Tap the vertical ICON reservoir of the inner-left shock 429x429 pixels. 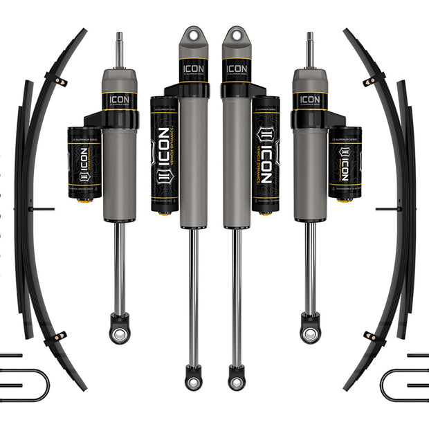point(164,154)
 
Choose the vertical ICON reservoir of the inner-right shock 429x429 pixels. point(265,154)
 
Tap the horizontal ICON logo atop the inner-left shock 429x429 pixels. point(193,69)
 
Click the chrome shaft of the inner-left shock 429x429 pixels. point(193,291)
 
